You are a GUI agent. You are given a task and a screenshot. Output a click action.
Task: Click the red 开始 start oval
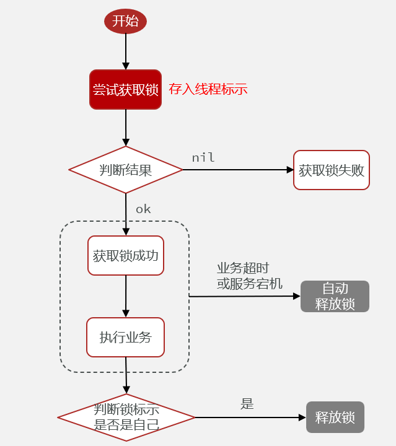point(125,21)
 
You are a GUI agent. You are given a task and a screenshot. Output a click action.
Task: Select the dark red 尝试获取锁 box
point(125,90)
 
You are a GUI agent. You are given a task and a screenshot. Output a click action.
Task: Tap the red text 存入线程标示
point(208,89)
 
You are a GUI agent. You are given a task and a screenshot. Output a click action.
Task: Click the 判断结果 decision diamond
point(125,170)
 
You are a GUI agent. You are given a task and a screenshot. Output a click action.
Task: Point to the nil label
point(203,157)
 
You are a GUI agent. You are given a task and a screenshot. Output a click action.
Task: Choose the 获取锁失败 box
point(332,170)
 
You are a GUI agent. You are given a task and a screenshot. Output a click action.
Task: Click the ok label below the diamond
point(143,209)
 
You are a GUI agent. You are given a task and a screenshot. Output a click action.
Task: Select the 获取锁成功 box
point(126,255)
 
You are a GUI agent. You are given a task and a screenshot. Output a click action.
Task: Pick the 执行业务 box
point(125,338)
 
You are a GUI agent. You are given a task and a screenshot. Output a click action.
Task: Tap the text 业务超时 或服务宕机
point(243,276)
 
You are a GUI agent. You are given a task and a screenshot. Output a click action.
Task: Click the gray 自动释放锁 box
point(335,296)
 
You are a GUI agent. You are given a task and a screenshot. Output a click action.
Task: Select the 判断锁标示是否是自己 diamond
point(126,418)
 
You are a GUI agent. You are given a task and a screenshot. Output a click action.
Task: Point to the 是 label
point(247,404)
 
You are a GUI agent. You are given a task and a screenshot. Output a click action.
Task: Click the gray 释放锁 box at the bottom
point(335,418)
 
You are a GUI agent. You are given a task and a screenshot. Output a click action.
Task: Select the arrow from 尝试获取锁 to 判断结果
point(126,127)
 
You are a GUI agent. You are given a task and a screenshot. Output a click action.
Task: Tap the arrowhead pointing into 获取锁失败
point(289,170)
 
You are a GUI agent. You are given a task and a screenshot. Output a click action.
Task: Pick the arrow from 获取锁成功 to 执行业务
point(126,296)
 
